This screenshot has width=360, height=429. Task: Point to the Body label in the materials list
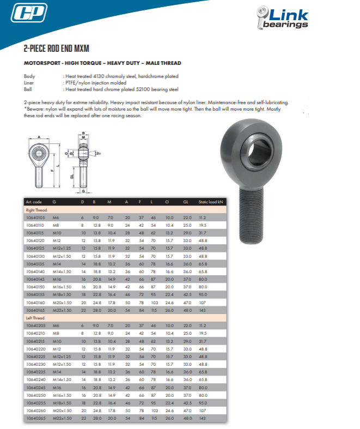coord(29,76)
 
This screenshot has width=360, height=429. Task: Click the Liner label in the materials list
coord(29,83)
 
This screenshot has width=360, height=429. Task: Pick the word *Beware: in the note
coord(34,108)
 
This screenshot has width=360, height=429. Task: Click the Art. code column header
coord(35,202)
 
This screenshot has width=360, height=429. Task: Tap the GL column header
coord(186,202)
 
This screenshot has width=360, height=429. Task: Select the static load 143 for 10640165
coord(203,309)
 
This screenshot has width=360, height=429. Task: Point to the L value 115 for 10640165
coord(154,309)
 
